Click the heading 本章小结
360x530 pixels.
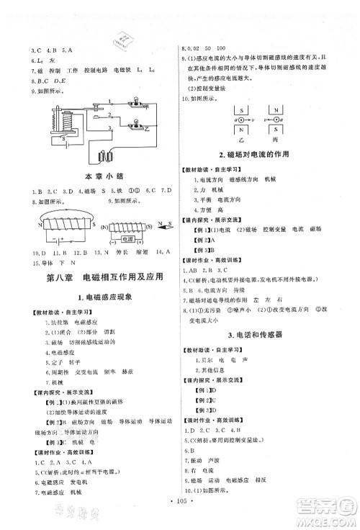[x=98, y=176]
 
